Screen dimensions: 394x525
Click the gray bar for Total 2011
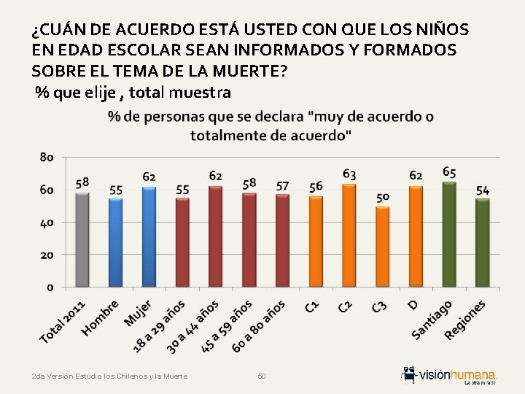coord(82,239)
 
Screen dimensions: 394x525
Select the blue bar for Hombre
coord(115,242)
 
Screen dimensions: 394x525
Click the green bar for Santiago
coord(449,234)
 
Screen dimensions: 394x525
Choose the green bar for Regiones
coord(483,243)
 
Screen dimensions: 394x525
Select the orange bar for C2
coord(349,236)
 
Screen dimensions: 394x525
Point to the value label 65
coord(449,172)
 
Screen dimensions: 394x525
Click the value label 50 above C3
coord(383,197)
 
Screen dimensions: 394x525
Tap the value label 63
coord(349,174)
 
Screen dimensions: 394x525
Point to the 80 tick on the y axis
coord(47,157)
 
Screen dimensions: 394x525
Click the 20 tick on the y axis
coord(47,255)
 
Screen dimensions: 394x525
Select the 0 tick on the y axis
coord(50,287)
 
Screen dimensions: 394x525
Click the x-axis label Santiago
coord(432,320)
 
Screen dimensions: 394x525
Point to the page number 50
coord(262,376)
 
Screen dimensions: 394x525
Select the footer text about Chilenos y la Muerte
coord(110,376)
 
